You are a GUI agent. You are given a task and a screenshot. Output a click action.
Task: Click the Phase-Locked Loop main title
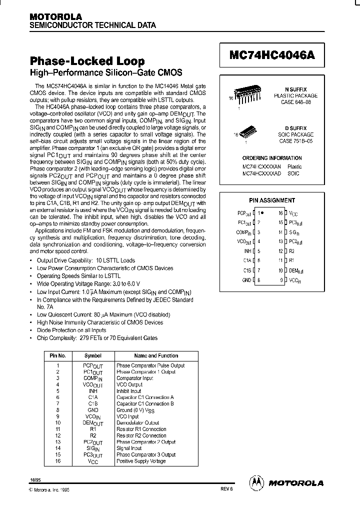87,61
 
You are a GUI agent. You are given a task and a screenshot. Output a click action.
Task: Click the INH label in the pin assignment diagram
247,251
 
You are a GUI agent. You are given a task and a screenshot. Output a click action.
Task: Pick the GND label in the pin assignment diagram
246,280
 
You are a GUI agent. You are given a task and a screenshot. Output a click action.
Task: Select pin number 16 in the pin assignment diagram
280,213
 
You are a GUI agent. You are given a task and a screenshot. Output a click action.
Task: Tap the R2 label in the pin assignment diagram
292,251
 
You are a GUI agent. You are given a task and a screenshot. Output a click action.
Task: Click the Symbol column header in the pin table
93,355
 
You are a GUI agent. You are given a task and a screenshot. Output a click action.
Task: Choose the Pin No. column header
58,355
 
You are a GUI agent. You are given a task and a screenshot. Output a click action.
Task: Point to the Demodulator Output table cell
137,423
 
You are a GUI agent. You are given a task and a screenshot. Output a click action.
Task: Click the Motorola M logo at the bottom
256,483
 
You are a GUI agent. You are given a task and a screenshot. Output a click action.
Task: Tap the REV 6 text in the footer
225,490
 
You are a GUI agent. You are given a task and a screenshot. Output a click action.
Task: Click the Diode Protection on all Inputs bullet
71,330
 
